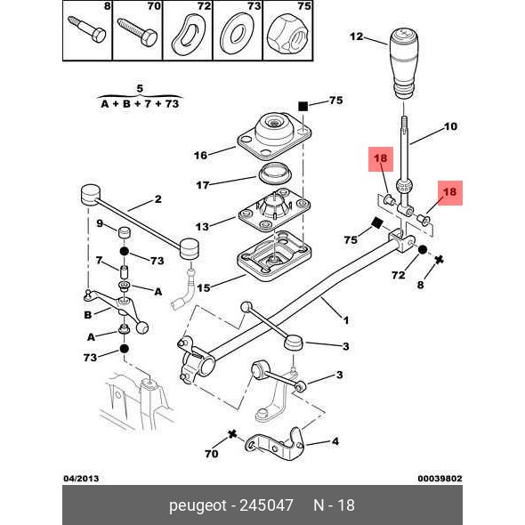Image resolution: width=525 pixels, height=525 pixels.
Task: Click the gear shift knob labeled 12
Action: click(404, 63)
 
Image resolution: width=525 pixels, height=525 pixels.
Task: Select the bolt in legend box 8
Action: click(87, 29)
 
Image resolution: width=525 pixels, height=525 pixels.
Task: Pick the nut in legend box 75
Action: click(287, 35)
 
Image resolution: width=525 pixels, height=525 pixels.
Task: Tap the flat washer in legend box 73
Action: click(237, 35)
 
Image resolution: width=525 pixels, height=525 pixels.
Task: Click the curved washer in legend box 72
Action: click(188, 34)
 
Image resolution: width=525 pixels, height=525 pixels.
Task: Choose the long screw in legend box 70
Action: click(137, 32)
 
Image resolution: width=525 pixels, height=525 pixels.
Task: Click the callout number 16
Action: click(201, 155)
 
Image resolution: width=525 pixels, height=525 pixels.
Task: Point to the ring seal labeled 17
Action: click(275, 174)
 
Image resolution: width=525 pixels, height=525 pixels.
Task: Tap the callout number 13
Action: click(202, 227)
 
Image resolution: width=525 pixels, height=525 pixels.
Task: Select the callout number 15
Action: click(204, 287)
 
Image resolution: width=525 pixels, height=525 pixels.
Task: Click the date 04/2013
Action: click(81, 478)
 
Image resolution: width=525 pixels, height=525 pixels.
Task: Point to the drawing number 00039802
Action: click(440, 479)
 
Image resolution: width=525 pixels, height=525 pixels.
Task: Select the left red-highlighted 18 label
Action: click(381, 159)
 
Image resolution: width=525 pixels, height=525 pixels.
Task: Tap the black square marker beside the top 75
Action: click(303, 106)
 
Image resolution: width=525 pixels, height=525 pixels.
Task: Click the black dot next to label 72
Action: click(422, 249)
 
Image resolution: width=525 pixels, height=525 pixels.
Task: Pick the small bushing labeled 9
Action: click(125, 233)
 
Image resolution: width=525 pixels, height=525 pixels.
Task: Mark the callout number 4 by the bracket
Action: click(335, 441)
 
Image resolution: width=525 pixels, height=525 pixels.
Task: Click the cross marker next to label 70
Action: click(232, 434)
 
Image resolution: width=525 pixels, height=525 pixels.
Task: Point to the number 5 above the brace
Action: click(140, 89)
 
